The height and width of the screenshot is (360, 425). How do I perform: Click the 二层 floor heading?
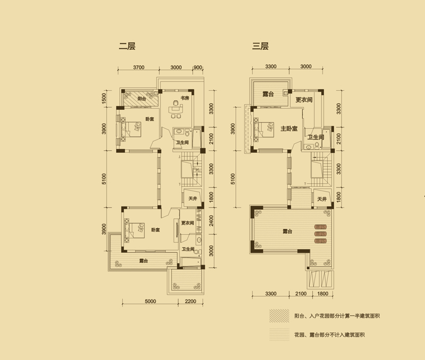click(127, 46)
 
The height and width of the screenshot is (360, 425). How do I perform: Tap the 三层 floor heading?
click(260, 46)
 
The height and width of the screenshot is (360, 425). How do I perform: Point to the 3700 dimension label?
click(139, 67)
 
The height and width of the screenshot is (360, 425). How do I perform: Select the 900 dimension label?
click(198, 67)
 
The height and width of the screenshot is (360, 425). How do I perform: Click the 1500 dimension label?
click(104, 98)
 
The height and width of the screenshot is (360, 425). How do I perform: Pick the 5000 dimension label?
click(150, 301)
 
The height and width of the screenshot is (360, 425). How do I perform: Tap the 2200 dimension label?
click(190, 301)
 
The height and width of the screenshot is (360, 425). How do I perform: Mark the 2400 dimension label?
click(211, 221)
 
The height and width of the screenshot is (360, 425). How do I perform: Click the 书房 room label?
click(185, 98)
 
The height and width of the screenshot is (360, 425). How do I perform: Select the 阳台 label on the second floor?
click(141, 99)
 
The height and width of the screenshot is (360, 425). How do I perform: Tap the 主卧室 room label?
click(289, 128)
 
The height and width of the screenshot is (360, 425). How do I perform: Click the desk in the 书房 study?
click(176, 110)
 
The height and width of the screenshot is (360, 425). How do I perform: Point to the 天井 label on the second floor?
click(192, 199)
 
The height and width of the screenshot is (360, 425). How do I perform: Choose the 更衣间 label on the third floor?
click(304, 100)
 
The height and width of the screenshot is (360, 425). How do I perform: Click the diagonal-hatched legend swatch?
click(279, 316)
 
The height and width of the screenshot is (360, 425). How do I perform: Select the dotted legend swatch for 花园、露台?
click(279, 335)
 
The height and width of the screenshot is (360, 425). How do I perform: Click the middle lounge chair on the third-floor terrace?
click(320, 234)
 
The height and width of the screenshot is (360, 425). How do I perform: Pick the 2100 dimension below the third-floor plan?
click(301, 294)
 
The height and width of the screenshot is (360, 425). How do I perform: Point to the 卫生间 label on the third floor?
click(316, 137)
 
